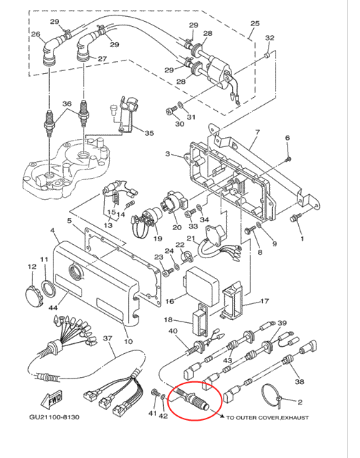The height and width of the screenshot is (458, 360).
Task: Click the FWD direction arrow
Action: pos(53,400)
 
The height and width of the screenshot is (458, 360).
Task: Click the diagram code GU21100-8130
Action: pos(54,416)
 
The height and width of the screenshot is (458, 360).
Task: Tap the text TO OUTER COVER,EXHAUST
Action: pos(267,418)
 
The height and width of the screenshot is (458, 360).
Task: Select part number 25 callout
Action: pos(255,23)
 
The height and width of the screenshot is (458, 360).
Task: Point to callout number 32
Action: pos(269,38)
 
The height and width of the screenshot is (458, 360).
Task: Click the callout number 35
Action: pos(149,133)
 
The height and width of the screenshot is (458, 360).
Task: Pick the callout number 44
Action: pos(53,307)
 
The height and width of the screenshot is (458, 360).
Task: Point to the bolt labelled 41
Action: pos(155,393)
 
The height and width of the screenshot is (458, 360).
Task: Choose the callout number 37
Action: pos(108,338)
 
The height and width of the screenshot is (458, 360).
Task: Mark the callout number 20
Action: pos(176,227)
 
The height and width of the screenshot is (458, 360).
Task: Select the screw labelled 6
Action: pos(288,159)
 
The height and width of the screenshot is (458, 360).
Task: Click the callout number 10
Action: pos(128,341)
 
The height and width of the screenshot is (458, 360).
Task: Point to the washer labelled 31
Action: pos(181,103)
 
